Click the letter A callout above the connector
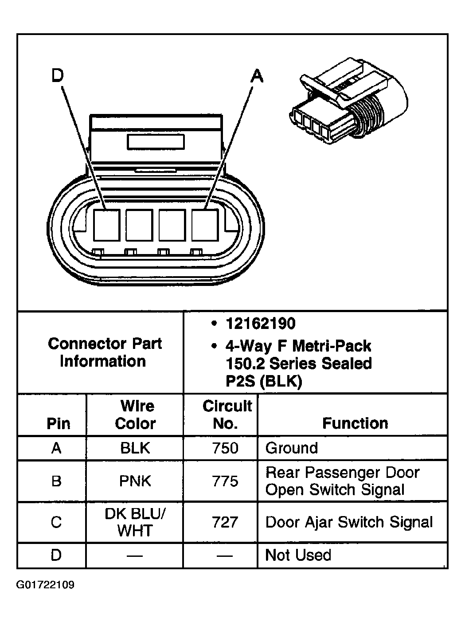tap(257, 76)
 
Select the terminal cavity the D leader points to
tap(107, 225)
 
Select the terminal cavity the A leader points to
tap(205, 225)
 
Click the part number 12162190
tap(260, 324)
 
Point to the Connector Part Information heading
tap(104, 352)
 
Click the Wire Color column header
tap(135, 415)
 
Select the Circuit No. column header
tap(227, 415)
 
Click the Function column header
tap(355, 423)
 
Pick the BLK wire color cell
tap(135, 448)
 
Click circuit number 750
tap(225, 448)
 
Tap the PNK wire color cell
tap(135, 481)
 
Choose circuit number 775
tap(225, 481)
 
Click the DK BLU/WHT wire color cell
tap(135, 522)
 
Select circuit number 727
tap(225, 522)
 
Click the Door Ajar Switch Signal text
tap(349, 522)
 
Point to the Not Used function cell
tap(298, 555)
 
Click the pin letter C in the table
tap(56, 522)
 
